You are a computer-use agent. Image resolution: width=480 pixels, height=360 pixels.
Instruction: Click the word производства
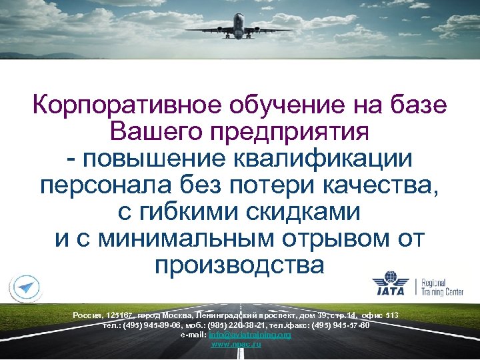[239, 265]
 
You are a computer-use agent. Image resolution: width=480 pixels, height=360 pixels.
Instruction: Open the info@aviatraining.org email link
[250, 335]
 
